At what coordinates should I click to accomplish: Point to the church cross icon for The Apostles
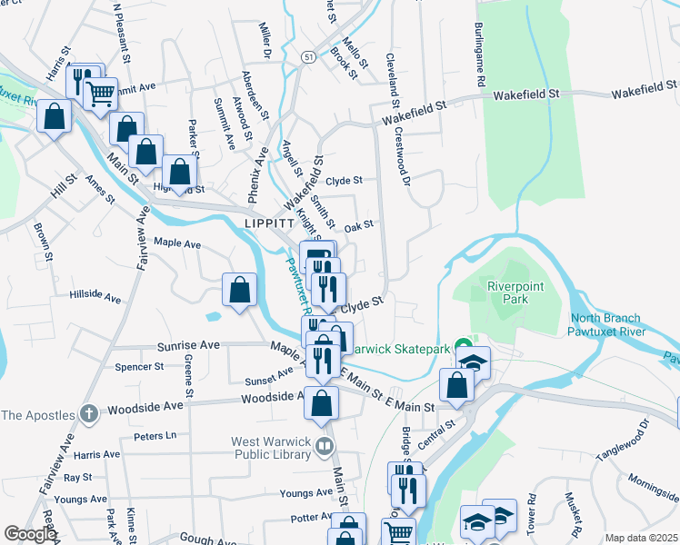click(88, 414)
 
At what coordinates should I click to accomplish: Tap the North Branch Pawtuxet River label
click(607, 324)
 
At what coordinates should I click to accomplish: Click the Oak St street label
click(359, 225)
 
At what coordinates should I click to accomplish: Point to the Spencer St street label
click(139, 367)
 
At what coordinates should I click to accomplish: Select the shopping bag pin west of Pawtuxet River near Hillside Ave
click(239, 291)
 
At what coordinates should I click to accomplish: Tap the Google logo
click(29, 535)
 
